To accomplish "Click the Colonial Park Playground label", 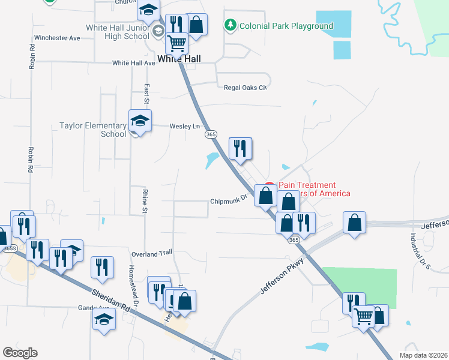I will [286, 26].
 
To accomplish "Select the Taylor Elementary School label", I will [92, 130].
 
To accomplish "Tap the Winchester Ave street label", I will [57, 38].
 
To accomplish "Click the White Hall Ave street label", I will [134, 63].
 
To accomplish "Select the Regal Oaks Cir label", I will [244, 87].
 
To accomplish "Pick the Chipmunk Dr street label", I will [229, 202].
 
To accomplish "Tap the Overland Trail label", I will [152, 254].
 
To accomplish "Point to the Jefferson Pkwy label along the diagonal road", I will [283, 276].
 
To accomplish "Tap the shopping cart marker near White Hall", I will [176, 43].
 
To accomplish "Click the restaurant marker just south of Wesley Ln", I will [240, 148].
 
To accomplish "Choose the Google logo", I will [19, 353].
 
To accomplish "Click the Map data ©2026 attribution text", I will [423, 355].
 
